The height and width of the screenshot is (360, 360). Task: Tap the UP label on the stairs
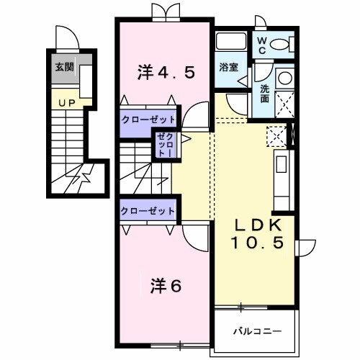(66, 103)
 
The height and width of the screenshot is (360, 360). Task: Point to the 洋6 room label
(165, 285)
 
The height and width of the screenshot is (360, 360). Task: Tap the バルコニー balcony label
(256, 331)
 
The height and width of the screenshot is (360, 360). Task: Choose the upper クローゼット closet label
(147, 120)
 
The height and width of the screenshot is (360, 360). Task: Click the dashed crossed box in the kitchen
(276, 135)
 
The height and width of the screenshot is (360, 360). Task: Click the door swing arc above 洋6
(193, 238)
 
